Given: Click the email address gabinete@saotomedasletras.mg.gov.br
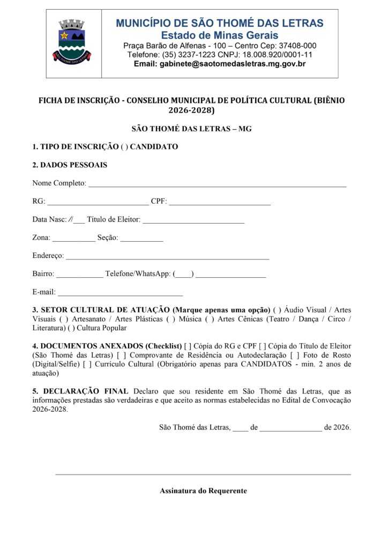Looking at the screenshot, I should point(220,64).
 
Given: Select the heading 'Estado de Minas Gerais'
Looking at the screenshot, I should point(220,35).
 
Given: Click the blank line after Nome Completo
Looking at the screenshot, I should point(217,184).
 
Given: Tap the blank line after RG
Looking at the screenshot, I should point(98,203).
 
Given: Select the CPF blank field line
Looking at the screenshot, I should point(220,203).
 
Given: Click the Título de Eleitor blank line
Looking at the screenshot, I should point(193,221).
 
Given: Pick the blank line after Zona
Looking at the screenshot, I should point(74,239).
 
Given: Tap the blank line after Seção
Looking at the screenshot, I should point(141,239).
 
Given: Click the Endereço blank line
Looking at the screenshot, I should point(167,257).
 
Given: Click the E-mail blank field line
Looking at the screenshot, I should point(120,294).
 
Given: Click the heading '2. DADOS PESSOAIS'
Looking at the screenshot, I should point(70,165).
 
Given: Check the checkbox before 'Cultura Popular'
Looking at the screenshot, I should point(71,328).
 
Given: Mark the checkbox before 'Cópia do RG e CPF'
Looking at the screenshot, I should point(187,346).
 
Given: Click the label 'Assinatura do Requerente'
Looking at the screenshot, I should point(203,491).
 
